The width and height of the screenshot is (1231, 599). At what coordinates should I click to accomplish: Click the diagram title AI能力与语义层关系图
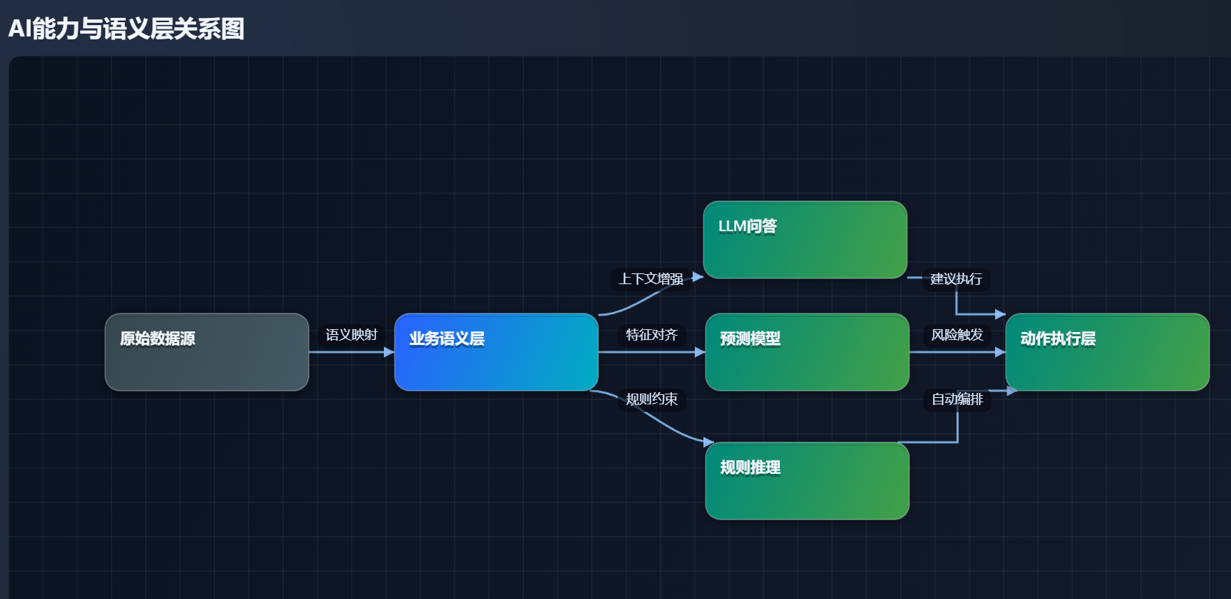point(127,29)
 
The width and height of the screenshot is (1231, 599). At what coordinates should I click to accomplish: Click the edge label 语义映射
point(351,335)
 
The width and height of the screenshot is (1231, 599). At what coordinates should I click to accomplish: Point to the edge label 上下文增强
point(651,278)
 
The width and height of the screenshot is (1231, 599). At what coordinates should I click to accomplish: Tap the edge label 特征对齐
point(651,335)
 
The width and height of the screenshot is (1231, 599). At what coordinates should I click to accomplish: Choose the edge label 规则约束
point(651,399)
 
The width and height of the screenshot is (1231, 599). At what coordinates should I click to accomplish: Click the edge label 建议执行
point(956,278)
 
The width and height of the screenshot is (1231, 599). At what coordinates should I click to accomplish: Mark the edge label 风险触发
point(956,335)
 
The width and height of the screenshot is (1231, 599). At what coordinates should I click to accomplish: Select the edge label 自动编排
point(956,399)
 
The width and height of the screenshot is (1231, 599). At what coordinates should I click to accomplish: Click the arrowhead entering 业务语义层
point(389,352)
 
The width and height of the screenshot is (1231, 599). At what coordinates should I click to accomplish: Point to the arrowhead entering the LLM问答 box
point(698,277)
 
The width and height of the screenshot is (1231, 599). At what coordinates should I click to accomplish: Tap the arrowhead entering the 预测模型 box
point(700,352)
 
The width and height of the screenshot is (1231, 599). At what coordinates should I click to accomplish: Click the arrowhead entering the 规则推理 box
point(708,442)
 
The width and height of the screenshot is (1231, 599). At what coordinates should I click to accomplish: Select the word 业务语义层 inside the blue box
point(447,339)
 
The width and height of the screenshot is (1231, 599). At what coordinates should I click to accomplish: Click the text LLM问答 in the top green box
point(747,226)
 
